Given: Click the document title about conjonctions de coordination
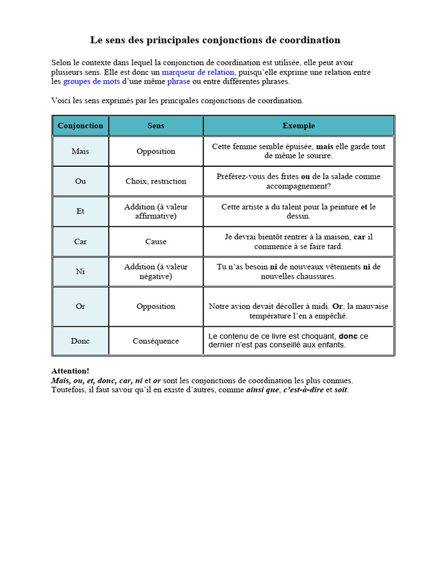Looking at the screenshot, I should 215,40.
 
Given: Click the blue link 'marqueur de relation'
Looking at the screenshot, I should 199,72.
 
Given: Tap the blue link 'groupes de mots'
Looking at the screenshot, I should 91,81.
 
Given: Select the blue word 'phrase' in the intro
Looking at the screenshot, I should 178,81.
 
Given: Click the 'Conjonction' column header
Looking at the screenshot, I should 80,126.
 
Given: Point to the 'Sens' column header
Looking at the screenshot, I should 156,126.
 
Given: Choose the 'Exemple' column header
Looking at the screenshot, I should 299,126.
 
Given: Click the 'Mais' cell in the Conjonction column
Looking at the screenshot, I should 80,152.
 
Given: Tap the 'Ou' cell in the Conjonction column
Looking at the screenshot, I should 80,181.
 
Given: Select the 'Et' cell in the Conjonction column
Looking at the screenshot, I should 80,212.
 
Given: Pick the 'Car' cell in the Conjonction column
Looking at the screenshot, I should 80,242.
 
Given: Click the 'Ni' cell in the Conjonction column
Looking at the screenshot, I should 80,272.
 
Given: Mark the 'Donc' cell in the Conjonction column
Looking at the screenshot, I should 80,341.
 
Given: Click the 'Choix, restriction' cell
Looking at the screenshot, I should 156,181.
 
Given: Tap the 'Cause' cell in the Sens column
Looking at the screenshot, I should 156,242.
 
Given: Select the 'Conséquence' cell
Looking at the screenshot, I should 156,341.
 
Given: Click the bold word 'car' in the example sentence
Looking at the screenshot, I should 359,237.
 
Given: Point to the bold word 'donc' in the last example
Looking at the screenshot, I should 349,336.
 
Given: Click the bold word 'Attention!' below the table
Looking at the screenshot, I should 70,371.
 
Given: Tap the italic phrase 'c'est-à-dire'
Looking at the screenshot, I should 304,390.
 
